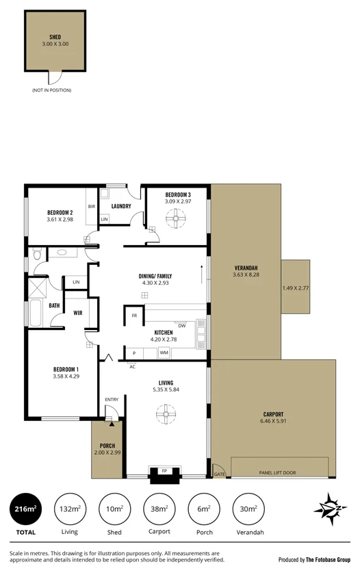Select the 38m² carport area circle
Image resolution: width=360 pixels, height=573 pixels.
tap(158, 509)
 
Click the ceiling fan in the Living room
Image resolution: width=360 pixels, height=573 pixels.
tap(165, 413)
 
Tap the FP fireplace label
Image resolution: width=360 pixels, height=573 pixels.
tap(165, 472)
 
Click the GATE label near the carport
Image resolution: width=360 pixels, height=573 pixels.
tap(219, 474)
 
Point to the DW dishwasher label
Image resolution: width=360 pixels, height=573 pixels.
tap(182, 325)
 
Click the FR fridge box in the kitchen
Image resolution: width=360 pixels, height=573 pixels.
tap(134, 316)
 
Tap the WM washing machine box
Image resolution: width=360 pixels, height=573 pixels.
tap(164, 353)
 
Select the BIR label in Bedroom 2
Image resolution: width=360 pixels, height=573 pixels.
tap(91, 206)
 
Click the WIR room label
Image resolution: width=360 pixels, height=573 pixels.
tap(78, 313)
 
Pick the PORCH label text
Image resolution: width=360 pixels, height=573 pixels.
tap(107, 445)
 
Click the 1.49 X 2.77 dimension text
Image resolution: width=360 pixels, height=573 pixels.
tap(296, 288)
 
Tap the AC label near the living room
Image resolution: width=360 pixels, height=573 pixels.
tap(132, 366)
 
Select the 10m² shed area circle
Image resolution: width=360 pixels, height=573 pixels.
tap(114, 509)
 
